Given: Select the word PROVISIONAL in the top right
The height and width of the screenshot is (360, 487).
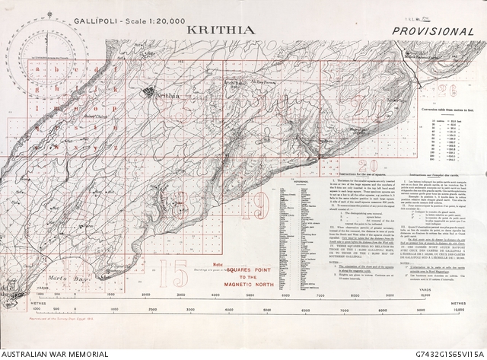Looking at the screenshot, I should [435, 31].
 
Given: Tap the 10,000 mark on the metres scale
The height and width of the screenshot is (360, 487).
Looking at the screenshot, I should [457, 311].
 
